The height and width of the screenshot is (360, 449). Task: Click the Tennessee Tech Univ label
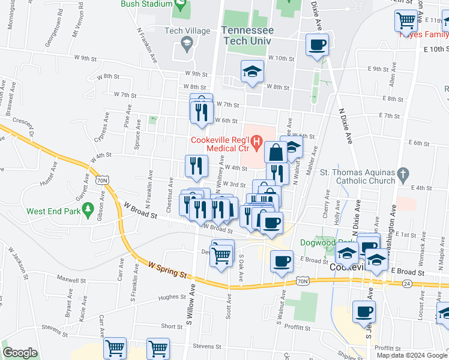click(248, 35)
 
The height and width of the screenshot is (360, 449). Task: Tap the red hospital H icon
click(256, 143)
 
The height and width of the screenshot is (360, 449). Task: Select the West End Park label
click(55, 211)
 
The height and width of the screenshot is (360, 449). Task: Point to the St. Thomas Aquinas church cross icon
click(404, 175)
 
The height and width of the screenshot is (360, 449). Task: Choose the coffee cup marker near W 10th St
click(317, 44)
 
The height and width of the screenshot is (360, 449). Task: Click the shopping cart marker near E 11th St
click(406, 21)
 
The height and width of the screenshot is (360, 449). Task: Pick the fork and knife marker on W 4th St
click(196, 166)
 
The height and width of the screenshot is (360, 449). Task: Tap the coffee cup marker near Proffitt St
click(364, 313)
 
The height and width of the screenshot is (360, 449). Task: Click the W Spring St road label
click(164, 268)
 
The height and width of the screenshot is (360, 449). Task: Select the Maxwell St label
click(71, 279)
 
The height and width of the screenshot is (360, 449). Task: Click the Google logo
click(20, 353)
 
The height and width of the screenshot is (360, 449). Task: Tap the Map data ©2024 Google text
click(412, 355)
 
